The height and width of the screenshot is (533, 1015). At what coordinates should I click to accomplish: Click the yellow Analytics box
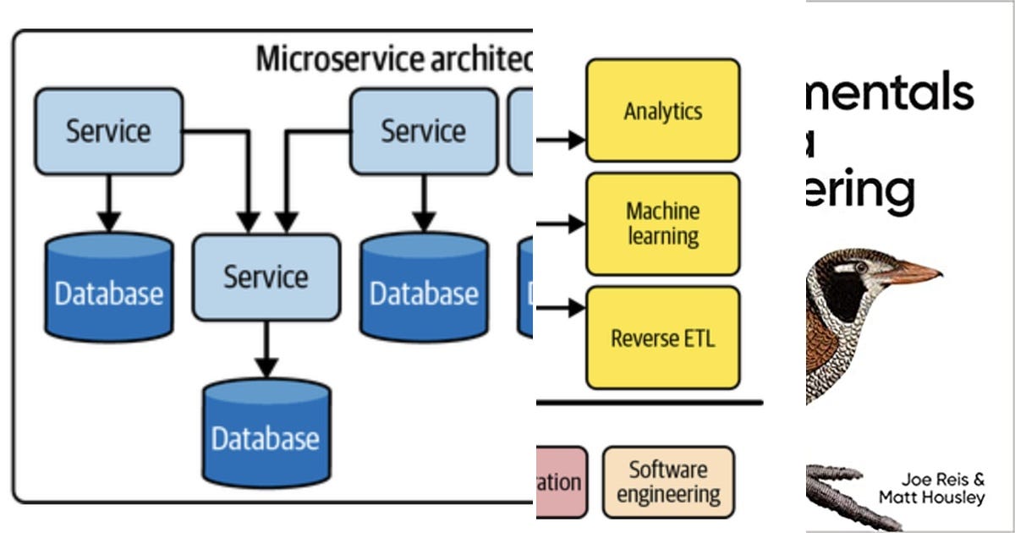pyautogui.click(x=662, y=110)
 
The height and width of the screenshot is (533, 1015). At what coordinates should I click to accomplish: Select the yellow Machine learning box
pyautogui.click(x=662, y=223)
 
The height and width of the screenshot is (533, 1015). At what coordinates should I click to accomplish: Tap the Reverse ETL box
pyautogui.click(x=662, y=338)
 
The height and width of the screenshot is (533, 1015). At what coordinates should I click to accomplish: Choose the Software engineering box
pyautogui.click(x=668, y=481)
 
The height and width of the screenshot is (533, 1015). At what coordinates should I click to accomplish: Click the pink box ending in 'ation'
pyautogui.click(x=561, y=482)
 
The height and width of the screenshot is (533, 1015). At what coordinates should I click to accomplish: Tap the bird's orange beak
pyautogui.click(x=913, y=273)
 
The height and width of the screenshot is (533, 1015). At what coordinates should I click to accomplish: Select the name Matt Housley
pyautogui.click(x=931, y=498)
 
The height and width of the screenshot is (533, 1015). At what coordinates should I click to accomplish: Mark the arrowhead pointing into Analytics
pyautogui.click(x=577, y=140)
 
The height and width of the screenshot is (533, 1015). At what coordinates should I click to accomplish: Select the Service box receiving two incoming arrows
pyautogui.click(x=266, y=277)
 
